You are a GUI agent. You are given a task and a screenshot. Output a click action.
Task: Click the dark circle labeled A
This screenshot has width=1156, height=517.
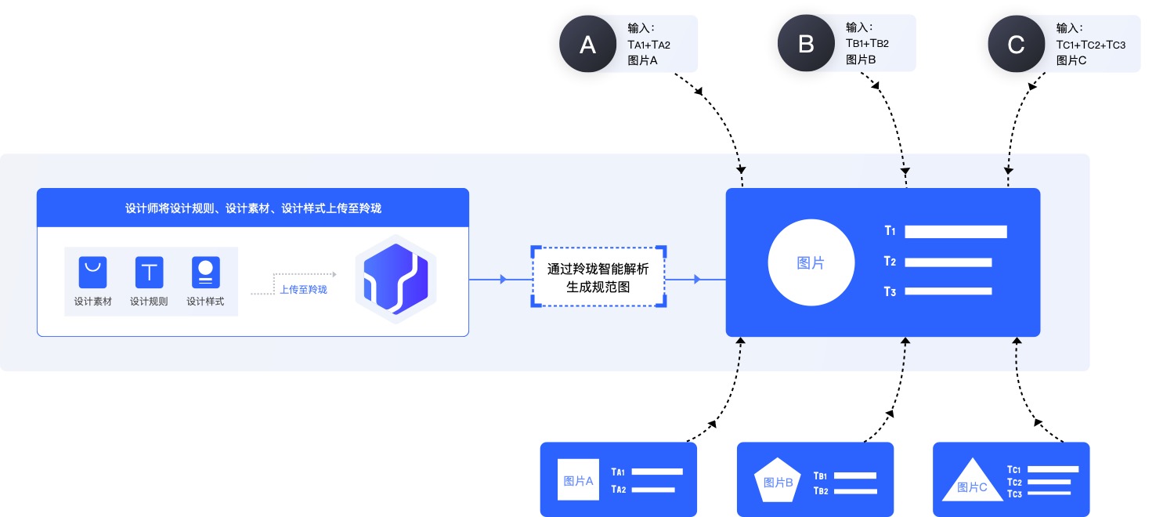[x=588, y=44]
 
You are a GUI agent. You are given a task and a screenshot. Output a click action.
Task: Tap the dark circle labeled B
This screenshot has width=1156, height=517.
[x=806, y=44]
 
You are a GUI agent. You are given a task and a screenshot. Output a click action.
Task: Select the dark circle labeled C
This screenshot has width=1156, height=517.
[x=1016, y=44]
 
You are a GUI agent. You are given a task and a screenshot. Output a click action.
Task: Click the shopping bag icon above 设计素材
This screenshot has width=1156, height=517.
[x=92, y=272]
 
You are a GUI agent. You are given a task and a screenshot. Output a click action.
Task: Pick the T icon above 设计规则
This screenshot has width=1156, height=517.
[x=149, y=272]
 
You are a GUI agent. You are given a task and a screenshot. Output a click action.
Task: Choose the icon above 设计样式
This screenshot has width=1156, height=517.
[x=205, y=272]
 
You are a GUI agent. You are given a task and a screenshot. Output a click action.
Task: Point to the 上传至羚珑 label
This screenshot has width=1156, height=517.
[x=303, y=290]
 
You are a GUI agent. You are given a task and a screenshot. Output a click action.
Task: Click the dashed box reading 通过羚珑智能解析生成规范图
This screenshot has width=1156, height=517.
[x=598, y=277]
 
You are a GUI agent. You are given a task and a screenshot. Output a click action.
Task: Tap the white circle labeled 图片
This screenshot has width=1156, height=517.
[x=811, y=263]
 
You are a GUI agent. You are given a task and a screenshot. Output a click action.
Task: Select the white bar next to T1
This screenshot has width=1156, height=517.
[x=956, y=232]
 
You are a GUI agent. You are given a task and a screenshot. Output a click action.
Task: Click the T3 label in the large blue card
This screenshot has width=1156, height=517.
[x=890, y=292]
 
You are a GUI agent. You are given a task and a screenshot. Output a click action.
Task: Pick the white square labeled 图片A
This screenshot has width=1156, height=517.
[x=578, y=479]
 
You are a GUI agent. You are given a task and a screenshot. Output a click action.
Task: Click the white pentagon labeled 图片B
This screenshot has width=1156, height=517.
[x=778, y=480]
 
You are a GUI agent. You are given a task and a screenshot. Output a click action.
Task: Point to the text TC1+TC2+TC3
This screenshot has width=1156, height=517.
[x=1090, y=45]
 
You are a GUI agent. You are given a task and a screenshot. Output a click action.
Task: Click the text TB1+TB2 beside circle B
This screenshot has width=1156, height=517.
[x=867, y=44]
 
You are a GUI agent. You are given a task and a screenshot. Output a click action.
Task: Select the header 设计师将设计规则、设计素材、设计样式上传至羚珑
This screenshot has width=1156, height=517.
[x=253, y=208]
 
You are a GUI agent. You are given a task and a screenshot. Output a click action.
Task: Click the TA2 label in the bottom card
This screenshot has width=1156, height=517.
[x=619, y=490]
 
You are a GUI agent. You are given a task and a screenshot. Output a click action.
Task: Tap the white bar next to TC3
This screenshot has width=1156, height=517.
[x=1049, y=493]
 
